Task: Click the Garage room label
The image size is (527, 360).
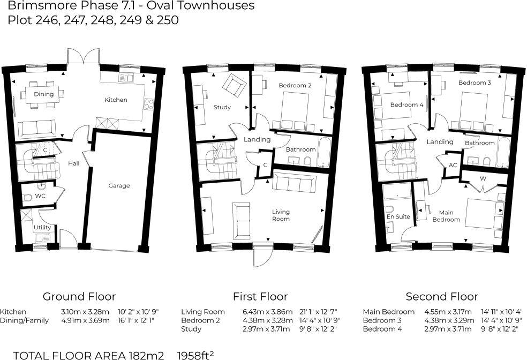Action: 119,186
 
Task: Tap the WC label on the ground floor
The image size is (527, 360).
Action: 40,196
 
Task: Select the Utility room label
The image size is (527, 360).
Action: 42,227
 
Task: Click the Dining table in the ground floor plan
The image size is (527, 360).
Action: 43,94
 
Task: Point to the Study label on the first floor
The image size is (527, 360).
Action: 222,107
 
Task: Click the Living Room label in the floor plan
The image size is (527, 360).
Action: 281,215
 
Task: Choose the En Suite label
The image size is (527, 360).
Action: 398,216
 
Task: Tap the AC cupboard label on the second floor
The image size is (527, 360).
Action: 453,165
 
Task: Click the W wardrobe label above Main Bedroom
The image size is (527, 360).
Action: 483,177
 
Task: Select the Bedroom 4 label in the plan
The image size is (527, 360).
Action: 406,105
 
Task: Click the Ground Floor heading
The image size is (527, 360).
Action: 79,296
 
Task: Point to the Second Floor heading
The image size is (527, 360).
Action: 442,296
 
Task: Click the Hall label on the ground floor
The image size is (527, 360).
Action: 74,163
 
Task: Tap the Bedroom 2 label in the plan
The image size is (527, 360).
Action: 295,86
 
